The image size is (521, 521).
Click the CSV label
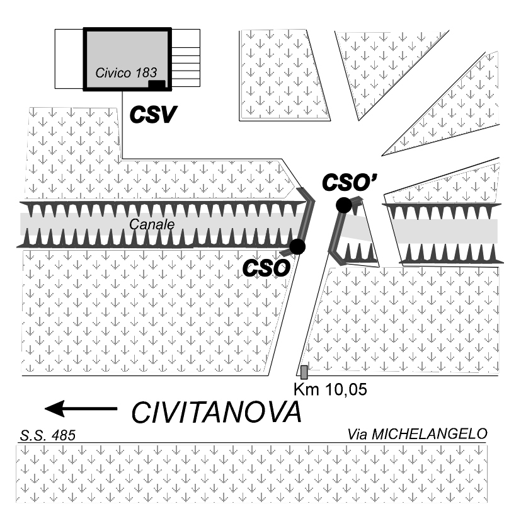153,115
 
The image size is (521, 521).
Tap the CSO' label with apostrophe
350,183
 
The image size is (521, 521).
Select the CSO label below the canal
266,268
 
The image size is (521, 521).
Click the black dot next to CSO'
343,205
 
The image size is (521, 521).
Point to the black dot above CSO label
297,246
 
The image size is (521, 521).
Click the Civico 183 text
126,73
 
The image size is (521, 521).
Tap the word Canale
152,225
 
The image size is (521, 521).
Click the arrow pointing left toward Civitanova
81,408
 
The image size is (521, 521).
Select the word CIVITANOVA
217,413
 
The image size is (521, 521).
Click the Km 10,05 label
330,389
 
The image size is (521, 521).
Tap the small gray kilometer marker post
304,372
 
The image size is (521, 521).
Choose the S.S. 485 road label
47,435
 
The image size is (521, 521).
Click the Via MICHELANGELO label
417,434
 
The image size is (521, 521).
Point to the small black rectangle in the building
156,84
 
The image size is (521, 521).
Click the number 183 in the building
146,73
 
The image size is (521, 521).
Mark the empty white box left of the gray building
69,59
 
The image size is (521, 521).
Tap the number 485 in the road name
63,435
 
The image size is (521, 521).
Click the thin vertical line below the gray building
122,125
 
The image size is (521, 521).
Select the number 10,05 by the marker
346,389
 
